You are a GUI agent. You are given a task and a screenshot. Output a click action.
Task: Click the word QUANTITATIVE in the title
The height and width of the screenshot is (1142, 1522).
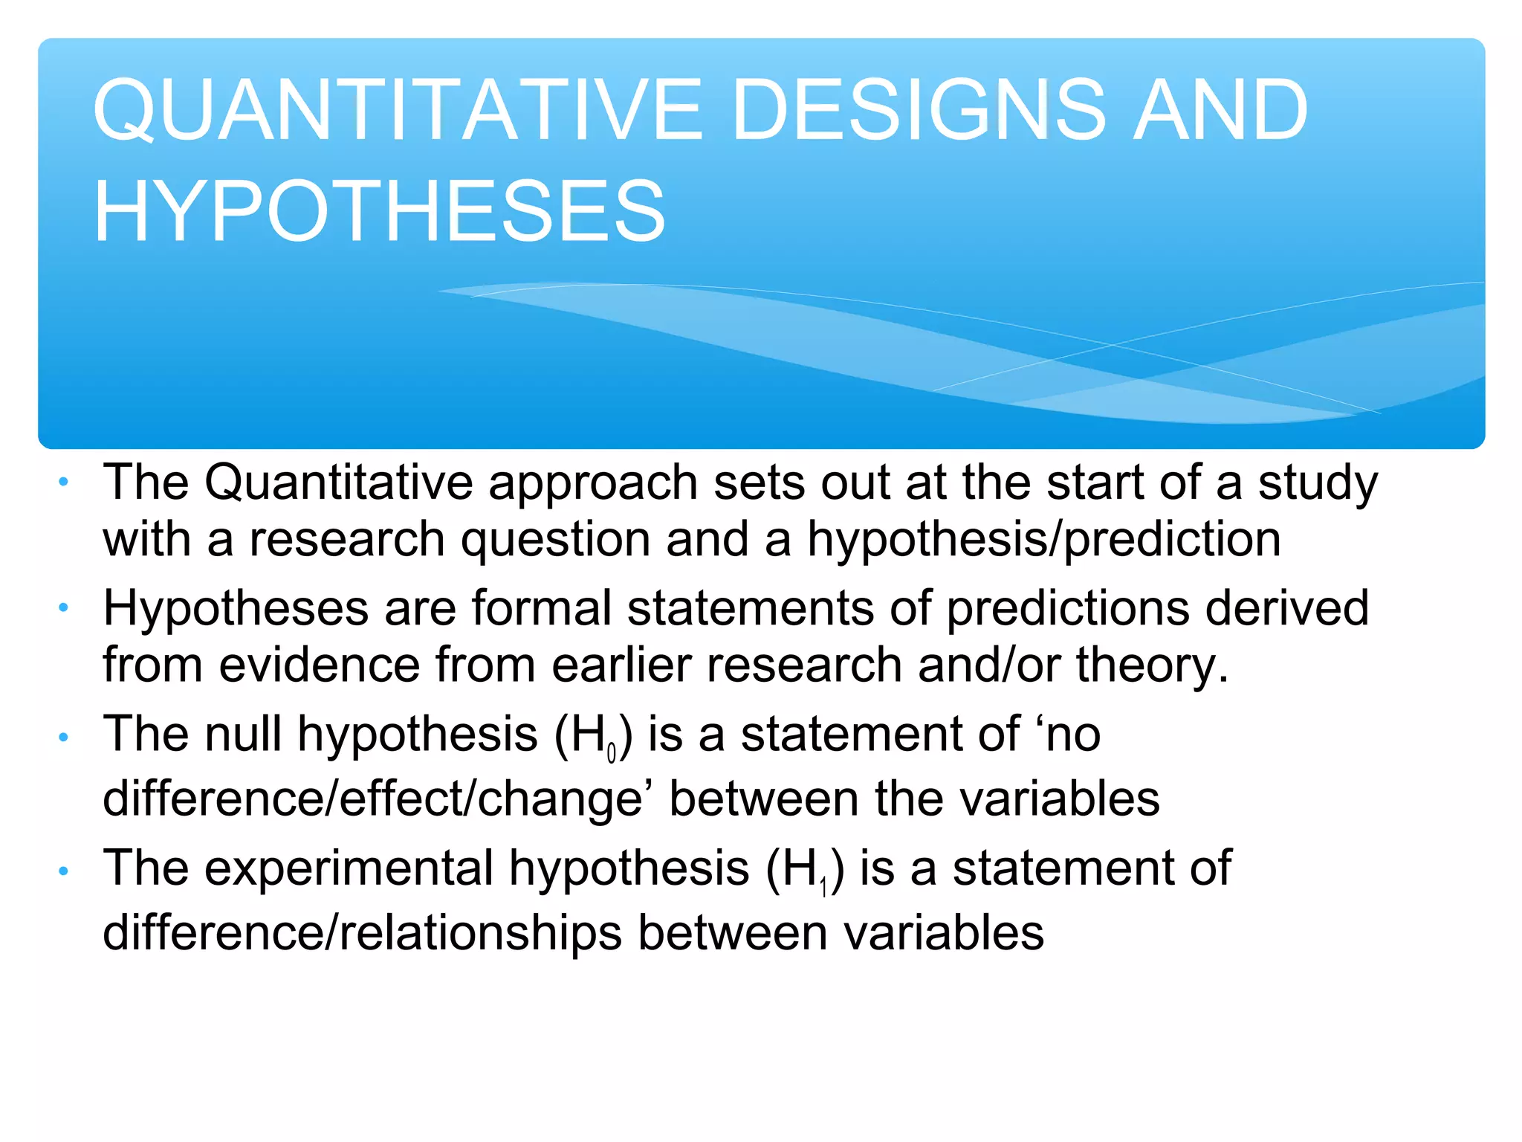tap(397, 111)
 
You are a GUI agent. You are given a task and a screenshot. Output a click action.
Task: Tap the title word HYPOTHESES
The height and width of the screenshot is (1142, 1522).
tap(379, 212)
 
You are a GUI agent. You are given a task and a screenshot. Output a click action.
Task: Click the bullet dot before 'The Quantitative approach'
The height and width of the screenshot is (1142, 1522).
tap(64, 483)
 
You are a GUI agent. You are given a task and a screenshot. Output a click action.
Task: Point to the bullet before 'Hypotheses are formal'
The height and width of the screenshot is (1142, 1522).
tap(64, 608)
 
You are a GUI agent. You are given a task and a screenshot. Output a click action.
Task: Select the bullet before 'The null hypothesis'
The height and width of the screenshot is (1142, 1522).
tap(64, 737)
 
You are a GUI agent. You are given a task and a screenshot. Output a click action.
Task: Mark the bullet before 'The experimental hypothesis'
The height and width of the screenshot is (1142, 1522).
tap(64, 871)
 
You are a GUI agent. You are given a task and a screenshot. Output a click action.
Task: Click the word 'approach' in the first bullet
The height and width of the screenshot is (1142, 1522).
tap(592, 483)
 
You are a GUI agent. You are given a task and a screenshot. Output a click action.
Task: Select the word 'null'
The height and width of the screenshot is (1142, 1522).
tap(243, 735)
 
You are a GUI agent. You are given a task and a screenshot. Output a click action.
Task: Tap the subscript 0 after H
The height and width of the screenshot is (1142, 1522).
tap(612, 754)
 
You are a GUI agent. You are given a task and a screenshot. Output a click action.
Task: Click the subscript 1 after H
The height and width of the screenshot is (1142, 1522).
tap(823, 888)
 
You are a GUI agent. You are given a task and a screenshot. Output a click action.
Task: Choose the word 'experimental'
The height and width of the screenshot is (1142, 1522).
tap(349, 868)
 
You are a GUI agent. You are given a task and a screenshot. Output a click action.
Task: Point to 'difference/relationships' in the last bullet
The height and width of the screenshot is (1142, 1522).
tap(362, 933)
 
